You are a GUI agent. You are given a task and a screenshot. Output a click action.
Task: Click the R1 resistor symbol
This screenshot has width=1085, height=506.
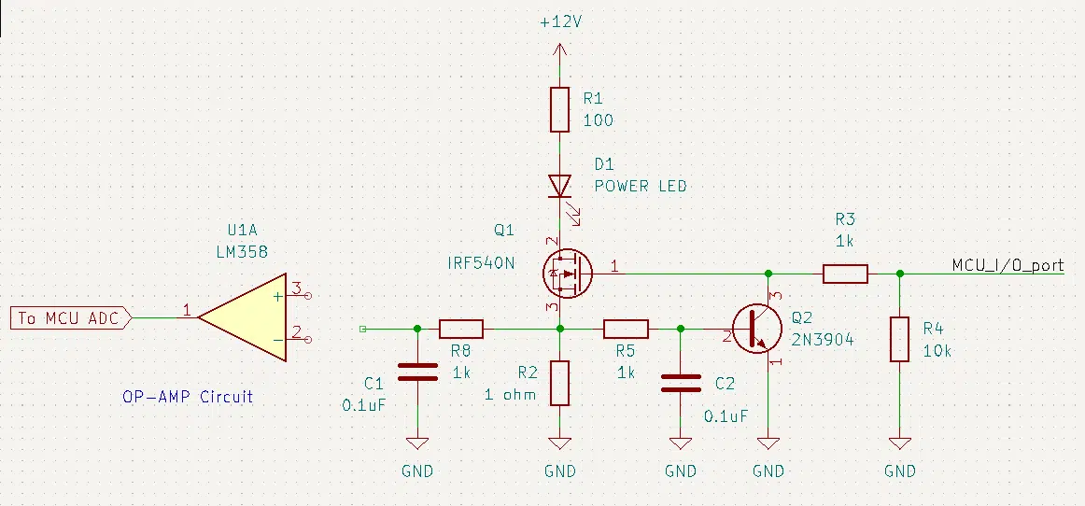560,109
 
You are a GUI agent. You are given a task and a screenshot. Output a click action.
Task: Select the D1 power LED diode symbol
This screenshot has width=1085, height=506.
560,186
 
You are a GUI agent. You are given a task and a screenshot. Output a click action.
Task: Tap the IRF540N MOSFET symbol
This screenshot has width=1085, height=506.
568,274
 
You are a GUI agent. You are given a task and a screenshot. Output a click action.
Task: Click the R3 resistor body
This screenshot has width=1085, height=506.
845,274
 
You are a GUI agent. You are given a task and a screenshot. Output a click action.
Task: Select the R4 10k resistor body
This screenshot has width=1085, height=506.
899,339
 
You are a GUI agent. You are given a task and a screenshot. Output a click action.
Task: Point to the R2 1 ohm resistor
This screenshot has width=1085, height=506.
560,383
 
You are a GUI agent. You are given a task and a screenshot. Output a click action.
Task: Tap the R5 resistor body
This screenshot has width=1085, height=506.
626,329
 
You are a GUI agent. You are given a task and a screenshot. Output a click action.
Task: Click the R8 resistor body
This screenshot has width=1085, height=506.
461,329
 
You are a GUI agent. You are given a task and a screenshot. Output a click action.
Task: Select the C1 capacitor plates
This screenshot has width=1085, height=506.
418,372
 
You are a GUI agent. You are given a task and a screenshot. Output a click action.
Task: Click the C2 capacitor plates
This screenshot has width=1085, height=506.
680,383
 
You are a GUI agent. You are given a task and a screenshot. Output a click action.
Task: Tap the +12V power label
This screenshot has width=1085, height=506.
560,22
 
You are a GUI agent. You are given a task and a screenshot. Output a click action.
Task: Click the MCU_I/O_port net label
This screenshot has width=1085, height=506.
1007,265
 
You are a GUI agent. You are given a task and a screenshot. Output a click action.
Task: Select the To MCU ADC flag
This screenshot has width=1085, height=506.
71,317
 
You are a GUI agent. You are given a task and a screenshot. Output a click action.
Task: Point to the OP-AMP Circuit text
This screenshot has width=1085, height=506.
188,398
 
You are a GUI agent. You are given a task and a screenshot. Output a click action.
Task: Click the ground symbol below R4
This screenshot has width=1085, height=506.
899,443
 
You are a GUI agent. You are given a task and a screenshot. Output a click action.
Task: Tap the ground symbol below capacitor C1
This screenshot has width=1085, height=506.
417,443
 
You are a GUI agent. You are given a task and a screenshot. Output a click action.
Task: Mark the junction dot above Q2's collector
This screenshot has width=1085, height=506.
768,274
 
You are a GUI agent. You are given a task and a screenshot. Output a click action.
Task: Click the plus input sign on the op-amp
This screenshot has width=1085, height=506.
277,296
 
